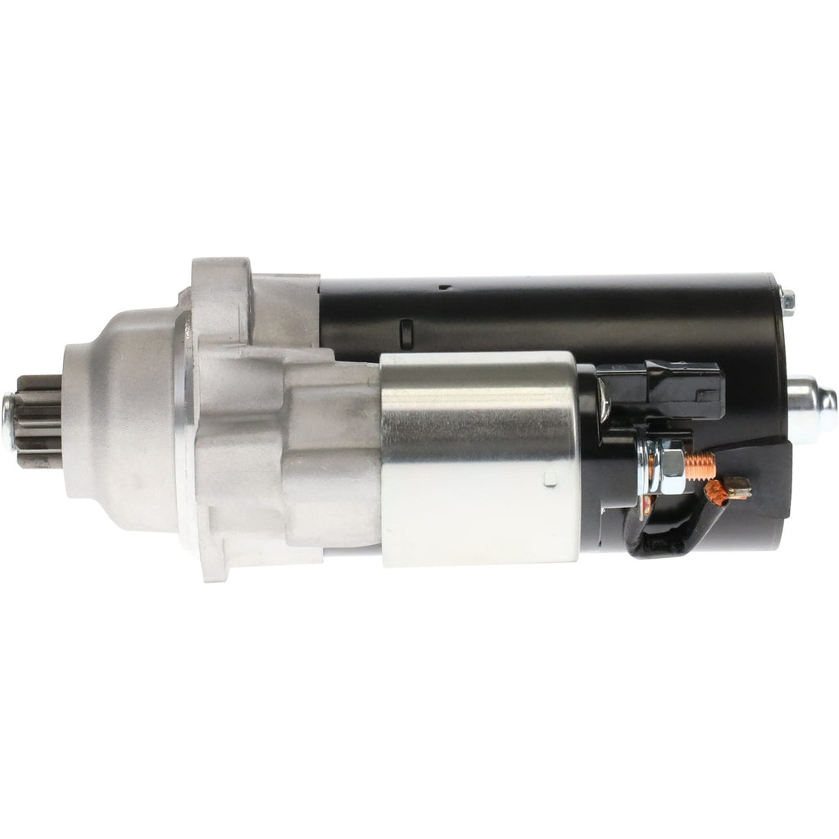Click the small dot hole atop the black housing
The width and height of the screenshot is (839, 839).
click(442, 288)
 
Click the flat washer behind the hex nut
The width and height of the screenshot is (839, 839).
click(652, 467)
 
